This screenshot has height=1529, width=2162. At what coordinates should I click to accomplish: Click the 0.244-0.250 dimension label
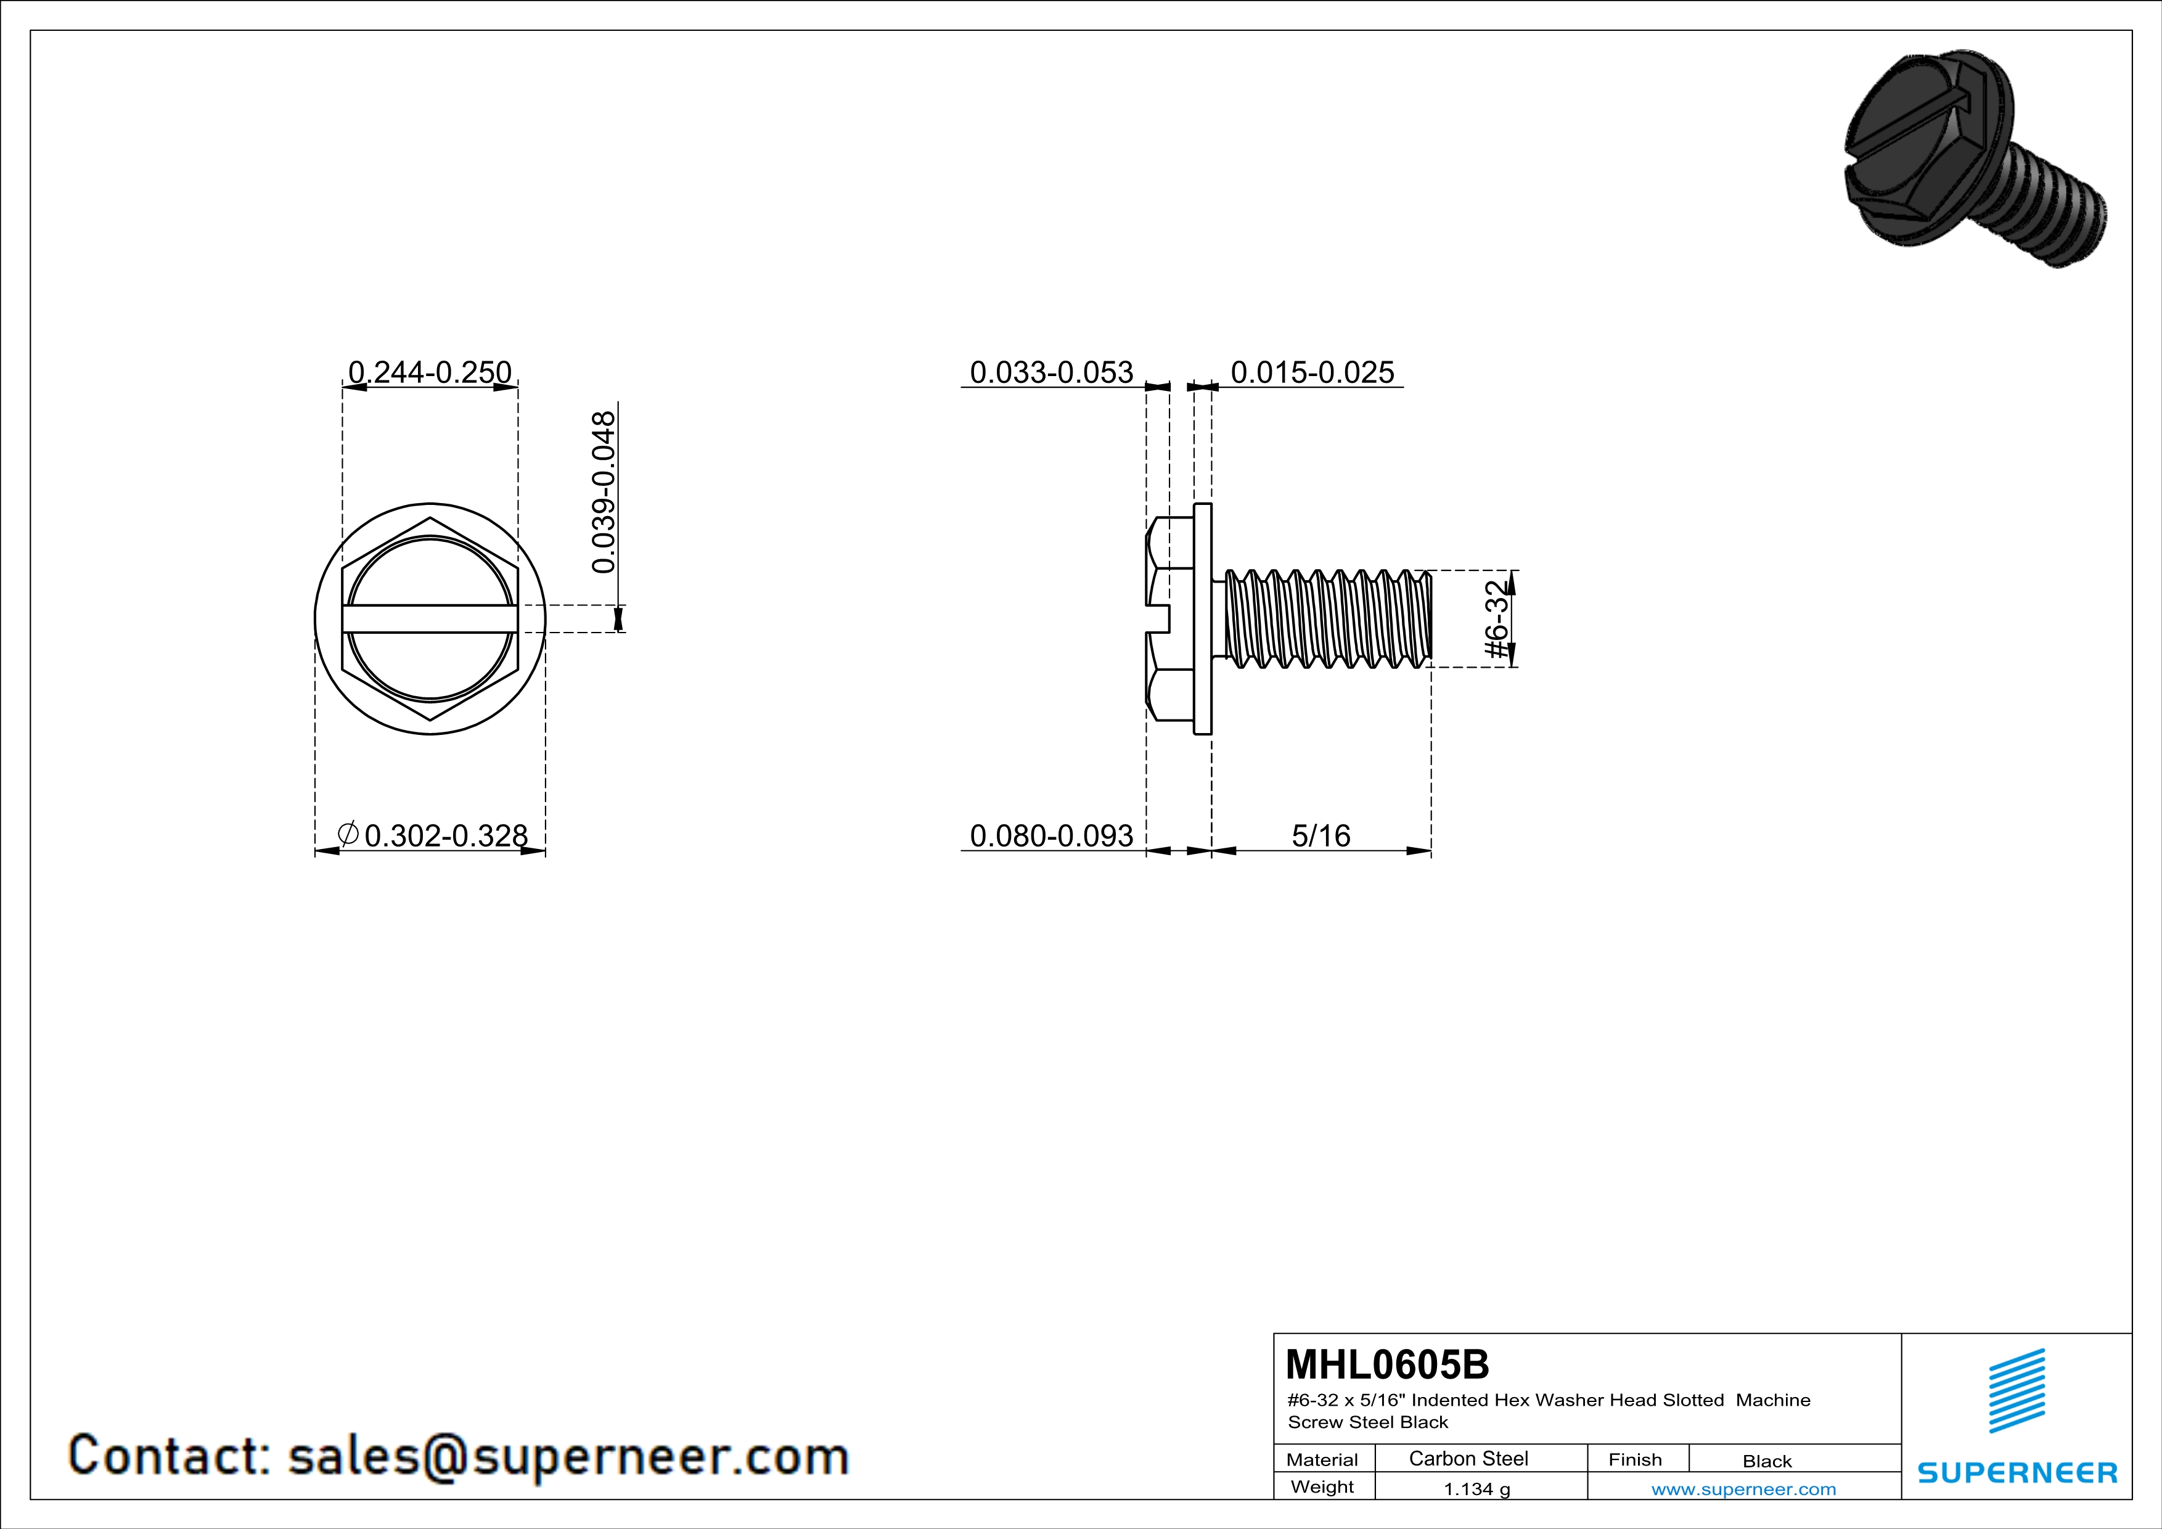(x=430, y=373)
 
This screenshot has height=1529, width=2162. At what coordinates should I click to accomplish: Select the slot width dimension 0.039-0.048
(x=603, y=491)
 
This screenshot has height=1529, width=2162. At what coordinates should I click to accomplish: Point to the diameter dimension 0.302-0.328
(x=446, y=836)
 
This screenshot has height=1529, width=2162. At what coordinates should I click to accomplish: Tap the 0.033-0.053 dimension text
(x=1052, y=373)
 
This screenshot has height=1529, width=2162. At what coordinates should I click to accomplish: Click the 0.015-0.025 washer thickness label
(x=1312, y=373)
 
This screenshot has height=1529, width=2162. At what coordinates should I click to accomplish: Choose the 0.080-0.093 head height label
(x=1052, y=836)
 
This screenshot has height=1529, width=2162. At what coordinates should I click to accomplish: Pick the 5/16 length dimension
(x=1321, y=836)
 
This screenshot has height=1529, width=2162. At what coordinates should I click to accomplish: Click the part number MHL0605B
(x=1388, y=1364)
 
